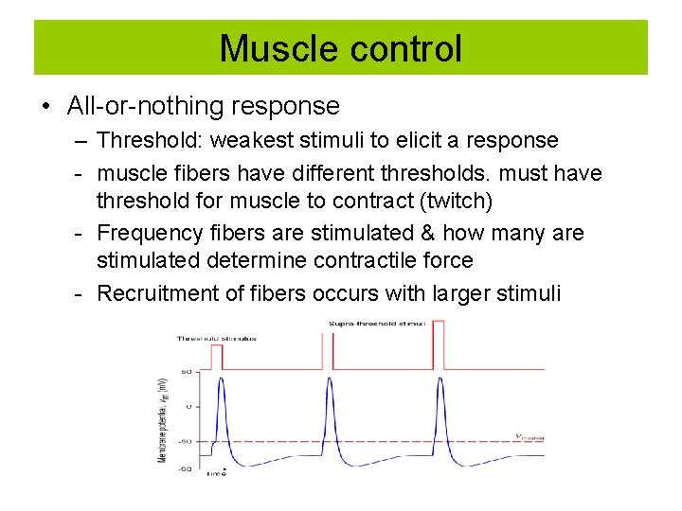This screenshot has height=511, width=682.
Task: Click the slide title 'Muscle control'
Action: pyautogui.click(x=341, y=48)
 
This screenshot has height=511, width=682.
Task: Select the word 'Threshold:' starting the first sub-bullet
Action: pyautogui.click(x=150, y=140)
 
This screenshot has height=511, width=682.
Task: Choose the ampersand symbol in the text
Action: pyautogui.click(x=448, y=233)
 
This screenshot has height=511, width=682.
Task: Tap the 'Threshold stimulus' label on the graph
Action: pyautogui.click(x=217, y=338)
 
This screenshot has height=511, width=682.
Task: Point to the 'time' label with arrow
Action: pyautogui.click(x=217, y=471)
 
